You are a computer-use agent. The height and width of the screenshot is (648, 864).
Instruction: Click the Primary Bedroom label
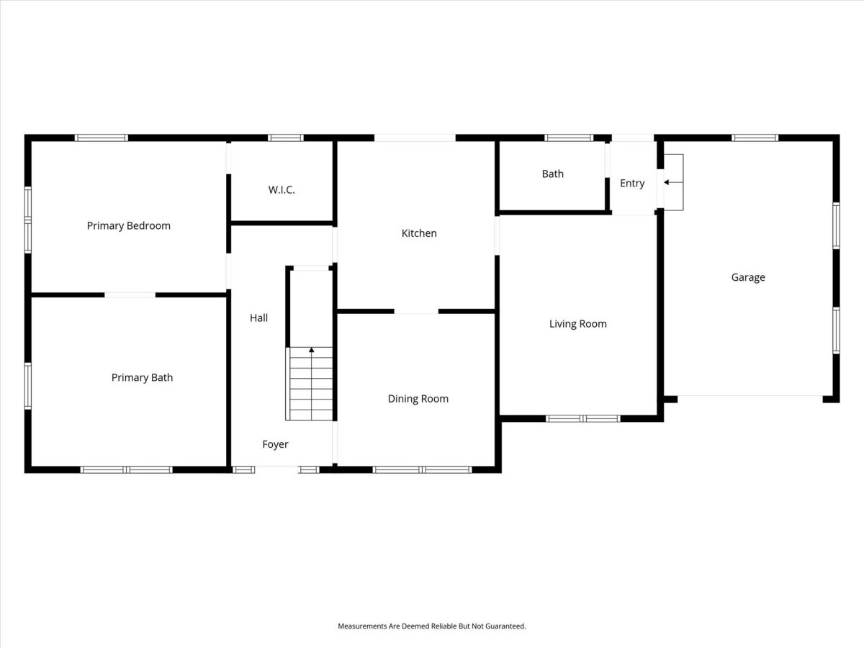point(129,226)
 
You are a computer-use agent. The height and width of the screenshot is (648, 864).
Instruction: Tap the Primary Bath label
point(142,378)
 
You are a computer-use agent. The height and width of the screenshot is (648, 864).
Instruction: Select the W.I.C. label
point(282,190)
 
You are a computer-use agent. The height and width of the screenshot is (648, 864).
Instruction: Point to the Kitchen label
point(419,233)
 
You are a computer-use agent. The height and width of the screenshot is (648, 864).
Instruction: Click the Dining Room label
point(418,399)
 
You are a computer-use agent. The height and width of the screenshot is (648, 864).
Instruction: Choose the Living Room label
point(578,324)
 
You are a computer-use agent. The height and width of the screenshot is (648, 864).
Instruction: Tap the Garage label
point(748,277)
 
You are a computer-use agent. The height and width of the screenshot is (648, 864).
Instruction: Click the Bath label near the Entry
point(553,174)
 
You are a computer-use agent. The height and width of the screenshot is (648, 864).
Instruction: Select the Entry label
point(632,184)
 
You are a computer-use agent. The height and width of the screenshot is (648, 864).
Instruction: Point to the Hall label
point(258,318)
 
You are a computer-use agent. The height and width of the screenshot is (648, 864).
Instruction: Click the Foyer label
point(275,444)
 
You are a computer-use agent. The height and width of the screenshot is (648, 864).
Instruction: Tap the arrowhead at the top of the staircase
point(311,350)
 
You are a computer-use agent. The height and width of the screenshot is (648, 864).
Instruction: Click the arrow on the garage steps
point(673,182)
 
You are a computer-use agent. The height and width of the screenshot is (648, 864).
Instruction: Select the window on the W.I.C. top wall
point(286,138)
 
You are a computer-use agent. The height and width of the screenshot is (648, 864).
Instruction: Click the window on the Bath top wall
point(569,138)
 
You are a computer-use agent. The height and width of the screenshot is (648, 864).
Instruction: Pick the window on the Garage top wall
point(755,138)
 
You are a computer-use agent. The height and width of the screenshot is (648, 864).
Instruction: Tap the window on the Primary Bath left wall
point(28,386)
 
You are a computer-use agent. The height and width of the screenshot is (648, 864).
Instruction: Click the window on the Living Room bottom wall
point(583,418)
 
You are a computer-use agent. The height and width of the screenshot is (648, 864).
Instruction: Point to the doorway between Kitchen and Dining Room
point(416,312)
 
